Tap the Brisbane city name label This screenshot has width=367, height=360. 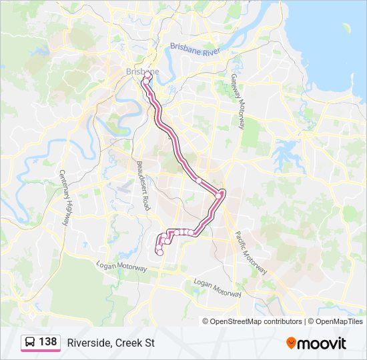[x=142, y=71]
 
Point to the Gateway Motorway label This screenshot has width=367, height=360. [x=239, y=95]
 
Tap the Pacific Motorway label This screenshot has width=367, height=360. [x=251, y=253]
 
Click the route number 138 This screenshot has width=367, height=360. [x=47, y=342]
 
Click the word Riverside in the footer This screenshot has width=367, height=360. [x=89, y=343]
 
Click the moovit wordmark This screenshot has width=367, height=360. [x=322, y=343]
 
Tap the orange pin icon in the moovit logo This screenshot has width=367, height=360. [x=291, y=343]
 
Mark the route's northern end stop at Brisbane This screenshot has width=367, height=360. [x=146, y=76]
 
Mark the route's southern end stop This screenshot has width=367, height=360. [x=159, y=252]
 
